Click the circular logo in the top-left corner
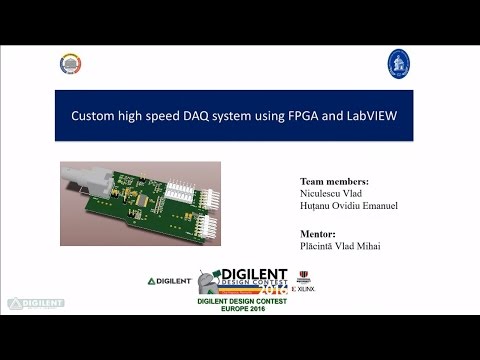70,64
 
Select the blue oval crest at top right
397,63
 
